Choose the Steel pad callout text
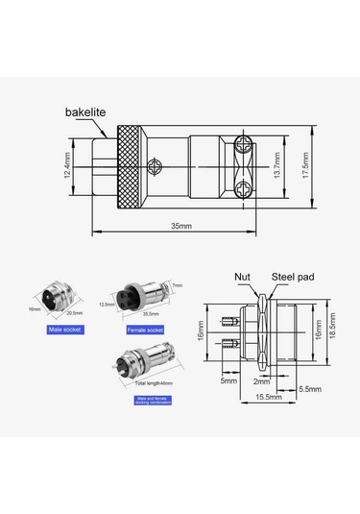click(295, 277)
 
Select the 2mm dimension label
click(260, 381)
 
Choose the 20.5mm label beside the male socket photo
click(76, 312)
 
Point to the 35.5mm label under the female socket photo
click(151, 313)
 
